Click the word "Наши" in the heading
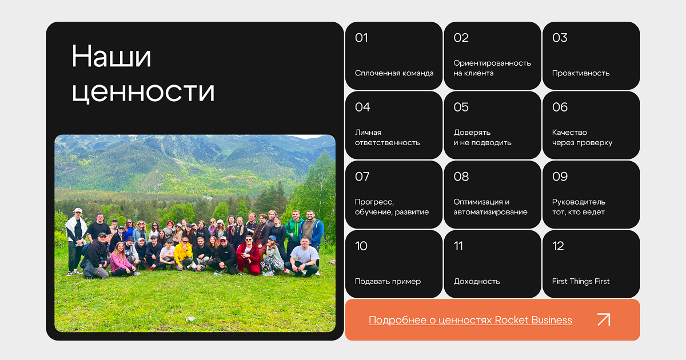point(111,57)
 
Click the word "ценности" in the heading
point(143,91)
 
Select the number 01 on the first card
point(361,38)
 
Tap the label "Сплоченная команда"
point(394,73)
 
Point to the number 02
point(461,38)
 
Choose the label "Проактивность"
point(581,73)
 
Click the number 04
point(362,107)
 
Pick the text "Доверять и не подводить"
point(482,138)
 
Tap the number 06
point(560,107)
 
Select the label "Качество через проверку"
point(582,138)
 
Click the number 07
point(362,177)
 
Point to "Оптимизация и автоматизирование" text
point(490,207)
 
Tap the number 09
point(560,177)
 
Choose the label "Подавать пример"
point(388,281)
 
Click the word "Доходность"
point(477,281)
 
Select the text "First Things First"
point(581,281)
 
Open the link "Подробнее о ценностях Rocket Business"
point(470,320)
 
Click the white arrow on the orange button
point(604,319)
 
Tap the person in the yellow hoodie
point(183,254)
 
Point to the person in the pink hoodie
point(121,259)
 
